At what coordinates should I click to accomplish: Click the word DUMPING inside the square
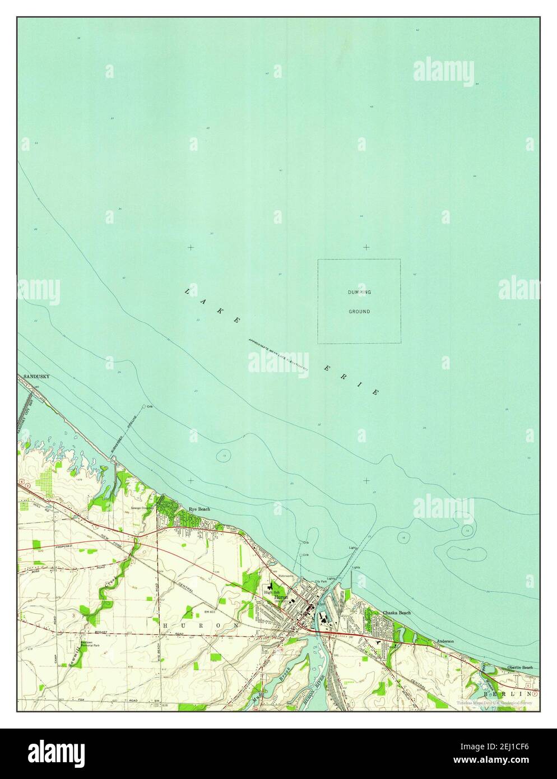(359, 293)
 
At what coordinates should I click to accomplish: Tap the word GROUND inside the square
(359, 312)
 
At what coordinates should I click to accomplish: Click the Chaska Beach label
(397, 613)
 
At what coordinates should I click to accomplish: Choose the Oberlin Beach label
(519, 667)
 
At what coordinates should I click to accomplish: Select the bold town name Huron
(282, 598)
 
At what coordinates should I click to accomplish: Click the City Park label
(321, 581)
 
